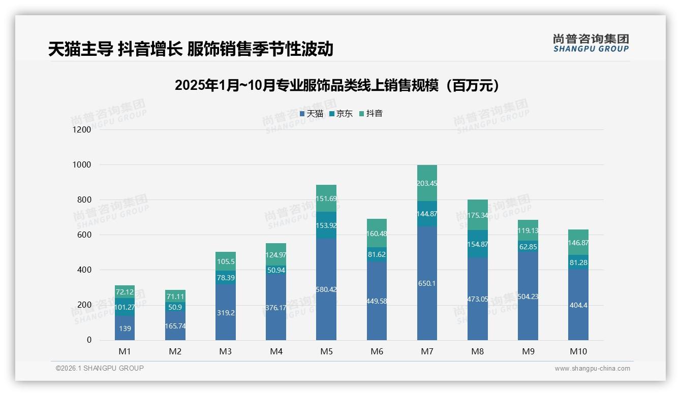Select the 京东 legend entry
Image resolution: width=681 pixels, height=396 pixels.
(x=341, y=114)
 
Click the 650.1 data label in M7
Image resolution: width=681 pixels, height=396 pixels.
(x=427, y=283)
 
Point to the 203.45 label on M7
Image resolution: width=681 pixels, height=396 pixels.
(x=427, y=183)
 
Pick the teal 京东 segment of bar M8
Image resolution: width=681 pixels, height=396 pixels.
(x=477, y=244)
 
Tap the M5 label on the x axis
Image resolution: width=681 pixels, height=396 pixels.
(x=326, y=351)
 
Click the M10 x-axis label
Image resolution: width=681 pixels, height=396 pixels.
(x=578, y=351)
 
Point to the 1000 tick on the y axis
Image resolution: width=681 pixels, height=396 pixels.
(x=81, y=165)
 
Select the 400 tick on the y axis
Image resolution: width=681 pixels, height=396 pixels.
(x=84, y=270)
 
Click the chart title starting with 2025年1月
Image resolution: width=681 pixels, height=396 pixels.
(x=337, y=85)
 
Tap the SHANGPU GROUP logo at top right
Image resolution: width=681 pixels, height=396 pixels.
(x=591, y=43)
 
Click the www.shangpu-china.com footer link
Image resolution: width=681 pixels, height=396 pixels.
(x=592, y=369)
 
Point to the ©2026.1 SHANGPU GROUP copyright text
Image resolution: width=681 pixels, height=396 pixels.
(x=100, y=368)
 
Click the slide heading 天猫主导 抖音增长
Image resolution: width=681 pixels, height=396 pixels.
(x=191, y=49)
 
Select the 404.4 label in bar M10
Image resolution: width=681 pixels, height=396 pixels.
(x=578, y=306)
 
